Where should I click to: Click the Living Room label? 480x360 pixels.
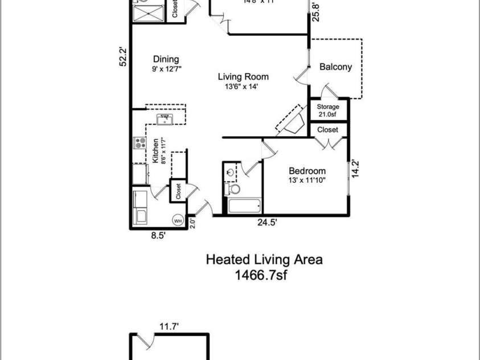tap(244, 77)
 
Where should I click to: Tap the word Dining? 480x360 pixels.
tap(166, 59)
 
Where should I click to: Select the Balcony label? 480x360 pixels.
tap(335, 67)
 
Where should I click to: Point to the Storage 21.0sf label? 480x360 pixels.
tap(328, 110)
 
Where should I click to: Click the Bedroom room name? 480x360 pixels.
tap(307, 171)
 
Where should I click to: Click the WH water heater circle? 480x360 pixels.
tap(177, 220)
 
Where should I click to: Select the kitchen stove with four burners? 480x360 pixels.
tap(139, 144)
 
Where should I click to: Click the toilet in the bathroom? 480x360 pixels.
tap(232, 189)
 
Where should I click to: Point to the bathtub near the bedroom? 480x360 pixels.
tap(244, 206)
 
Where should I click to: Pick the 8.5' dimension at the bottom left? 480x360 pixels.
tap(158, 235)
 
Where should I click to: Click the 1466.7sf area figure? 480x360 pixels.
tap(264, 275)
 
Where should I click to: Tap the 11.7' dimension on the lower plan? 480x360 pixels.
tap(169, 326)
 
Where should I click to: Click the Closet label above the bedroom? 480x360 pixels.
tap(327, 130)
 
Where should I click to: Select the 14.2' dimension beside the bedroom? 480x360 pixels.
tap(356, 169)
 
